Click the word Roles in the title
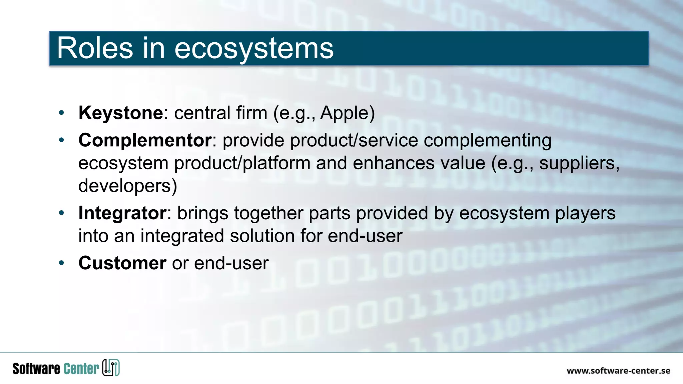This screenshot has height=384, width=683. pos(95,48)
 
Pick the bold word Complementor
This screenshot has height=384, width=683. pos(145,140)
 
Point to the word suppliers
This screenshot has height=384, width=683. pos(579,163)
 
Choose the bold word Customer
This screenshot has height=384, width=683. pos(122,263)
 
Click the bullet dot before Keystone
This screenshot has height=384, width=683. pos(61,113)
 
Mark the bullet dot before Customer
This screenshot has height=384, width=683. pos(61,263)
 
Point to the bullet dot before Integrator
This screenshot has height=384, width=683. pos(61,213)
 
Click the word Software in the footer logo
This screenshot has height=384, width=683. pos(36,369)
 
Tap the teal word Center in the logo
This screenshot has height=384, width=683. pos(81,369)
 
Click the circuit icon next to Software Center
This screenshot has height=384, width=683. pos(111,368)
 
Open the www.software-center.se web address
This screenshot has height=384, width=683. pos(618,371)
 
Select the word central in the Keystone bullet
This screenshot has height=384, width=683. pos(202,113)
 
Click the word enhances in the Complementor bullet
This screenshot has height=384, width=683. pos(394,163)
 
